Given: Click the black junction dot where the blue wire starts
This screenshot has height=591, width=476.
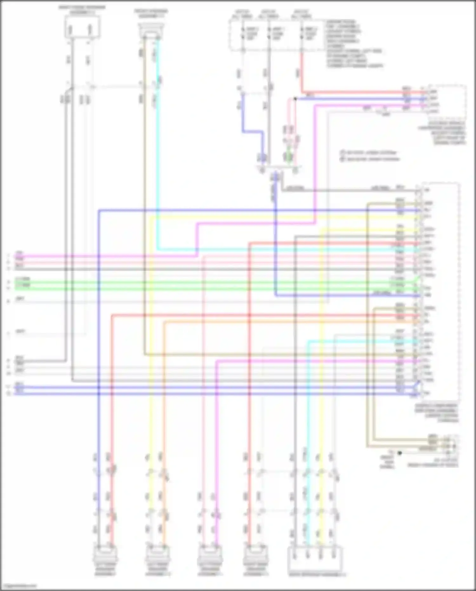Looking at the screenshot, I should (295, 99).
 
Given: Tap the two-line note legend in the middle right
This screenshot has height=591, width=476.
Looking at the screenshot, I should (370, 156).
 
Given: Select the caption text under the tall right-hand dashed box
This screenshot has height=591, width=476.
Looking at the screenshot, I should (437, 413).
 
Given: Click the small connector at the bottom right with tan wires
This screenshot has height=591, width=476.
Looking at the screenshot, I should (451, 443).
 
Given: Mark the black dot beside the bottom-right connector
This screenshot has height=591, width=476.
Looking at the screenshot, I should (400, 453).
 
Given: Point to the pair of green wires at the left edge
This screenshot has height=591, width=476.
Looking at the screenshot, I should (22, 285).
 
